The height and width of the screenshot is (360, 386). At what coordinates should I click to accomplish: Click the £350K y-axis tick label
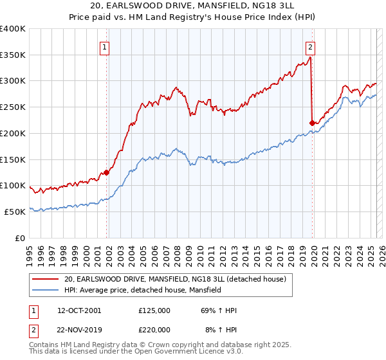pos(13,55)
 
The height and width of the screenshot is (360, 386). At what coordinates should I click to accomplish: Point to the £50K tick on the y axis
pos(15,212)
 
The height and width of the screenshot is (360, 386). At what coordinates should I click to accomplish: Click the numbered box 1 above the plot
pos(104,46)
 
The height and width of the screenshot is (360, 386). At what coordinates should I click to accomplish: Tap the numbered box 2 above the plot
pos(310,46)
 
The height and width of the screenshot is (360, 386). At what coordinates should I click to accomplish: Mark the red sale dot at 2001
pos(107,172)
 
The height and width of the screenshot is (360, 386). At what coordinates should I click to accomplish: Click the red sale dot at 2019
pos(312,123)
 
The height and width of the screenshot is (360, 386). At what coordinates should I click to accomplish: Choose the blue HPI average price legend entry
pos(142,290)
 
